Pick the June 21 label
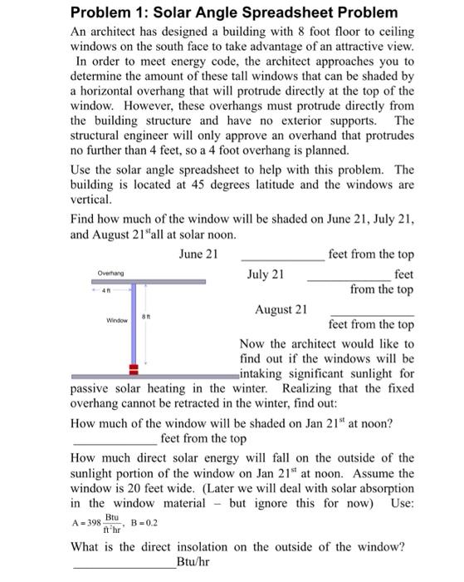[x=198, y=254]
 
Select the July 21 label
[x=266, y=274]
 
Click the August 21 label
[x=281, y=309]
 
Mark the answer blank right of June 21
[x=281, y=259]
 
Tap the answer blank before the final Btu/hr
[x=125, y=566]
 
